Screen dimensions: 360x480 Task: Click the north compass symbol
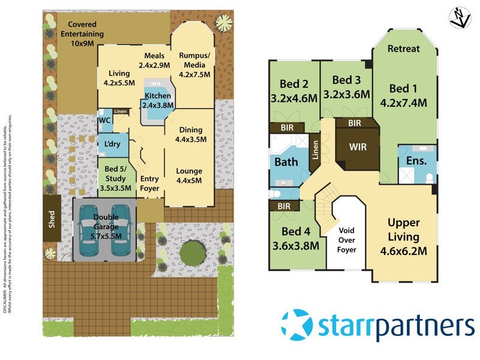point(460,17)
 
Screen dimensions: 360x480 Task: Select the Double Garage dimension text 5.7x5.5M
point(105,236)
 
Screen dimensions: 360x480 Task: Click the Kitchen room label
point(157,96)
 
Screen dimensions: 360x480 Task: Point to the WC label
point(104,121)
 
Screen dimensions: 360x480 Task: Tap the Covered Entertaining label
point(82,29)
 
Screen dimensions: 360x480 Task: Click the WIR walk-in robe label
point(358,146)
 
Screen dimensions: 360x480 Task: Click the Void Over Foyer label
point(347,239)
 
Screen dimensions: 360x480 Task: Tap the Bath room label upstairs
point(286,162)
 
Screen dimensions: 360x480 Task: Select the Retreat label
point(404,49)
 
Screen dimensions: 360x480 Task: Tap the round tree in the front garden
point(193,253)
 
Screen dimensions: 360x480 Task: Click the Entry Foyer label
point(149,183)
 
